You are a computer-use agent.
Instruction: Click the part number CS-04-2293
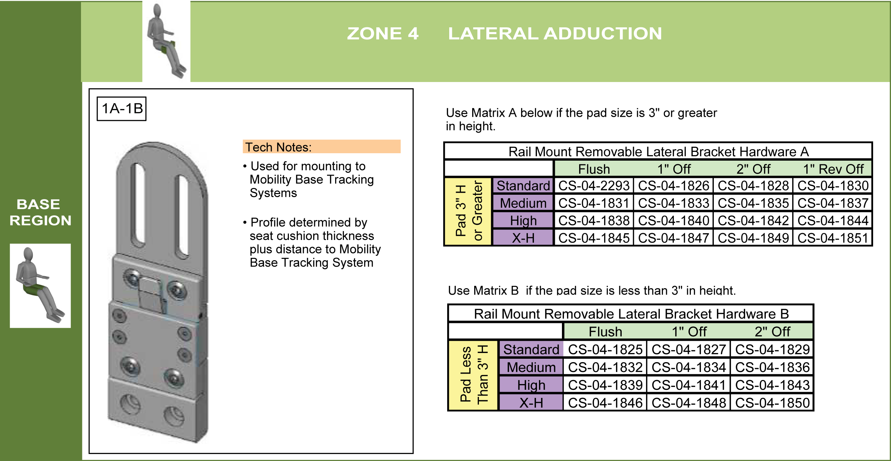tap(594, 186)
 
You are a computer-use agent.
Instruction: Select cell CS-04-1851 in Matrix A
tap(833, 238)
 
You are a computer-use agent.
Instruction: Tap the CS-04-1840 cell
tap(673, 221)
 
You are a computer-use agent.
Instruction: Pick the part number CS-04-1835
tap(753, 203)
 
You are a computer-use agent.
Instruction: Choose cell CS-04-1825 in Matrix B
tap(605, 349)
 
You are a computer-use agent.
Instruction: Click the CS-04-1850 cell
tap(772, 403)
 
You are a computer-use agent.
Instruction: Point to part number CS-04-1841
tap(688, 385)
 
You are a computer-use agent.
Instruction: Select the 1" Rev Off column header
tap(833, 169)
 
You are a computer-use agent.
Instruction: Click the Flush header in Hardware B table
tap(605, 332)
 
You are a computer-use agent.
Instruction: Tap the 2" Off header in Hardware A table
tap(753, 169)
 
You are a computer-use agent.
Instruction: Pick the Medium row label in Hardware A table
tap(523, 203)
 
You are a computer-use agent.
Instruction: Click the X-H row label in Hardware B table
tap(531, 403)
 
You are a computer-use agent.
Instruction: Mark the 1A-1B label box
tap(122, 109)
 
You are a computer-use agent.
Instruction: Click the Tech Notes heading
tap(278, 147)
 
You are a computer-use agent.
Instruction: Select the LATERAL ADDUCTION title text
tap(555, 33)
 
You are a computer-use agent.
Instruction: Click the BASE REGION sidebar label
tap(40, 212)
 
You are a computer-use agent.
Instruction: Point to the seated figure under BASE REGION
tap(40, 285)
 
